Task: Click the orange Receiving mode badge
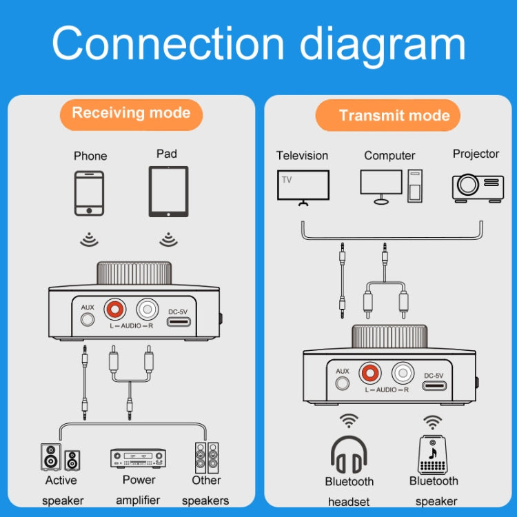(131, 114)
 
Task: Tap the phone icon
(90, 193)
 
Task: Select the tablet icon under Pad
(168, 192)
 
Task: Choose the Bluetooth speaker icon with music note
(434, 455)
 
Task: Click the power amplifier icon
(139, 458)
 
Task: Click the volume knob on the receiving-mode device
(134, 273)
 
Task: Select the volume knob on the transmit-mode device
(389, 338)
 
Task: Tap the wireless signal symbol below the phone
(89, 239)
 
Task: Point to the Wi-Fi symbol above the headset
(349, 421)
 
